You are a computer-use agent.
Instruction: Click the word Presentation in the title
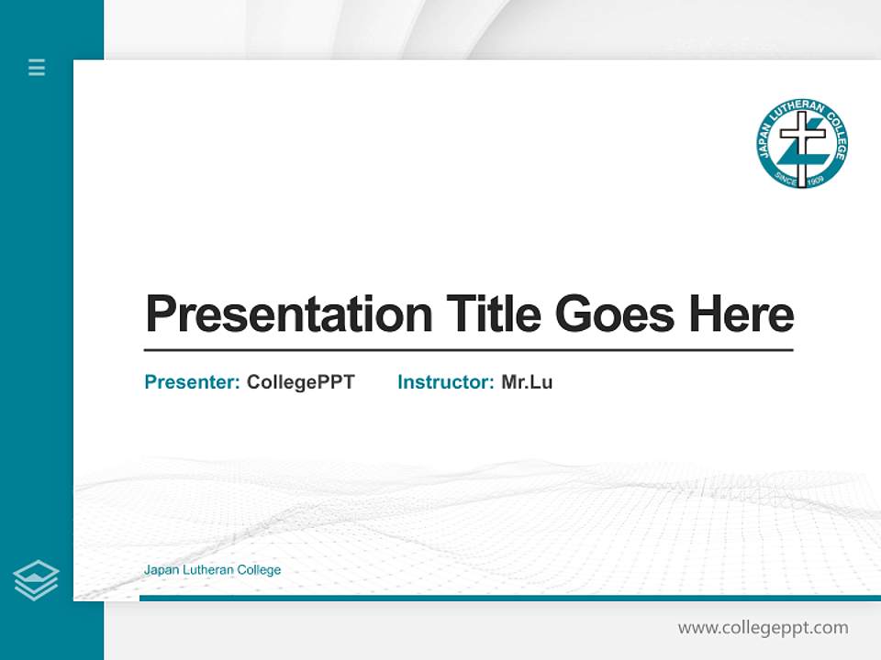pos(289,314)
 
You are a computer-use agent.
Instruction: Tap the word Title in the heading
pos(494,314)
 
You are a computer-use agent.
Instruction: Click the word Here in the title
pos(742,314)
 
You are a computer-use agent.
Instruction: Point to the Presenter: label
pos(193,382)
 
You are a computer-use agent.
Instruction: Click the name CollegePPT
pos(300,382)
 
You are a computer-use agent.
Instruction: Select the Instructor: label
pos(446,382)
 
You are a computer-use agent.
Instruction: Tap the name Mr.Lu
pos(527,382)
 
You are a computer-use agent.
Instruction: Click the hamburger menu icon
pos(37,67)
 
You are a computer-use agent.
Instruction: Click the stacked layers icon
pos(36,580)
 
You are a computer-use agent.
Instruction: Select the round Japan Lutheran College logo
pos(802,144)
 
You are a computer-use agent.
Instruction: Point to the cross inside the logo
pos(802,147)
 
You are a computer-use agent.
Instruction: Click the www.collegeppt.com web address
pos(763,628)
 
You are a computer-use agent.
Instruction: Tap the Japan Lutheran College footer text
pos(212,570)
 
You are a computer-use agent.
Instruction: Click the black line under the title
pos(468,350)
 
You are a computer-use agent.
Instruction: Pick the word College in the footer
pos(259,570)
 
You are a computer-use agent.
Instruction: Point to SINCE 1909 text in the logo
pos(801,178)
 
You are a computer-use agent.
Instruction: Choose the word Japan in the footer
pos(159,570)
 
